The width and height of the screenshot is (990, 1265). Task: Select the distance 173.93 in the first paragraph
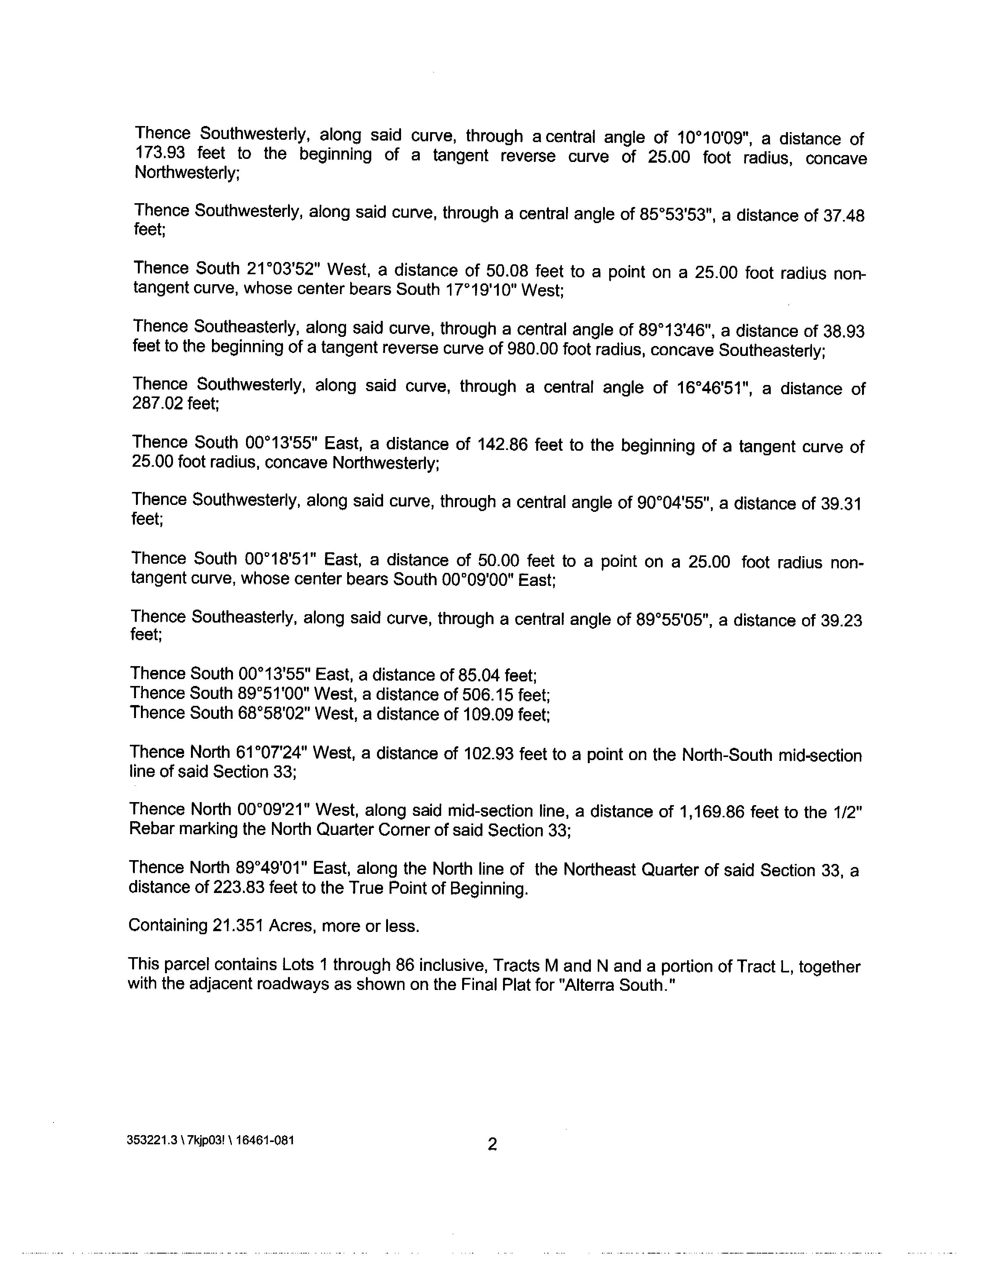click(x=159, y=153)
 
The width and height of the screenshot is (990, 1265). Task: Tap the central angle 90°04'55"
click(x=673, y=502)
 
